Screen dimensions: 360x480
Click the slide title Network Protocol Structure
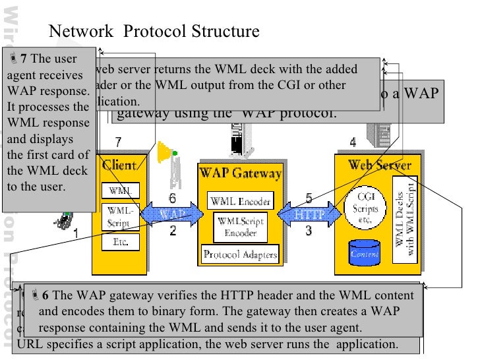pos(155,32)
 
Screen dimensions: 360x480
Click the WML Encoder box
pos(237,201)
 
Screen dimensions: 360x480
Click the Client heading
pos(119,165)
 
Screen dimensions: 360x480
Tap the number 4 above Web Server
pos(353,142)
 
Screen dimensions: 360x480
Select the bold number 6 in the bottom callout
pos(46,295)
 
